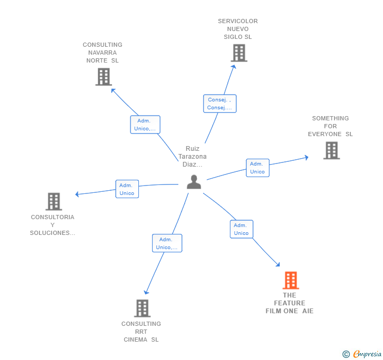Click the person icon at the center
[x=194, y=182]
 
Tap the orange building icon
[x=291, y=280]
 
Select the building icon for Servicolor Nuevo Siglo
[x=239, y=53]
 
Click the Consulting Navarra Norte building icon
[x=104, y=77]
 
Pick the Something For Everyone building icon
[x=331, y=151]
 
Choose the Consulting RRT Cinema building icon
[x=142, y=308]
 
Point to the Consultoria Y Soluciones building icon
[x=54, y=202]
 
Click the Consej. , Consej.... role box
[x=220, y=104]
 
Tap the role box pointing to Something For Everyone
[x=258, y=168]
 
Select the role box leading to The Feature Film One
[x=241, y=229]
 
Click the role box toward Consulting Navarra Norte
[x=145, y=125]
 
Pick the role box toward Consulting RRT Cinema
[x=167, y=243]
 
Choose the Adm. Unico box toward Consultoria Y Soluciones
[x=127, y=189]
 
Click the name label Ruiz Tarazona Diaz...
[x=193, y=157]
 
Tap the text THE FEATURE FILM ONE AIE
[x=289, y=303]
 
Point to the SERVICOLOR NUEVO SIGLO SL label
[x=238, y=29]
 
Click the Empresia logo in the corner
[x=362, y=354]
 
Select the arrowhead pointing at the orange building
[x=278, y=264]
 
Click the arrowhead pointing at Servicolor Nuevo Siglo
[x=234, y=67]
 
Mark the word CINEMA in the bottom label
[x=135, y=340]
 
